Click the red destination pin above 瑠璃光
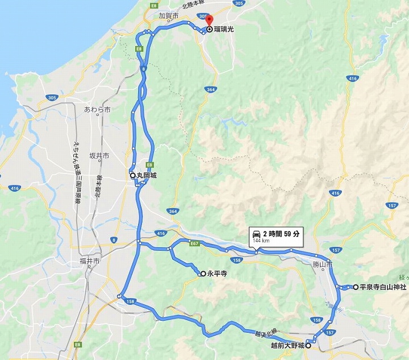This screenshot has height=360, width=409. [x=209, y=22]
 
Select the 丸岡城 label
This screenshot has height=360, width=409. [x=147, y=176]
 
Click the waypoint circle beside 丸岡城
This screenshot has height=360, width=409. [x=133, y=176]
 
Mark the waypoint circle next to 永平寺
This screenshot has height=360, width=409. [x=203, y=274]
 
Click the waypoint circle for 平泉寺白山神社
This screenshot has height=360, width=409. [x=356, y=287]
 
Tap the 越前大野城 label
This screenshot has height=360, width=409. [x=287, y=345]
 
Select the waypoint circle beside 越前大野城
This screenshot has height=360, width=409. [x=308, y=345]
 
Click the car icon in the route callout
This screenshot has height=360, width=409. [x=257, y=234]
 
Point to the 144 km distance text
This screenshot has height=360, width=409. [x=261, y=241]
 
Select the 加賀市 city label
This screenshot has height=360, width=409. [x=169, y=16]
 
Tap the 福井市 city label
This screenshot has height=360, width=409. [x=89, y=262]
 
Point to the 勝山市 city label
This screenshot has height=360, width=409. [x=322, y=263]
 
